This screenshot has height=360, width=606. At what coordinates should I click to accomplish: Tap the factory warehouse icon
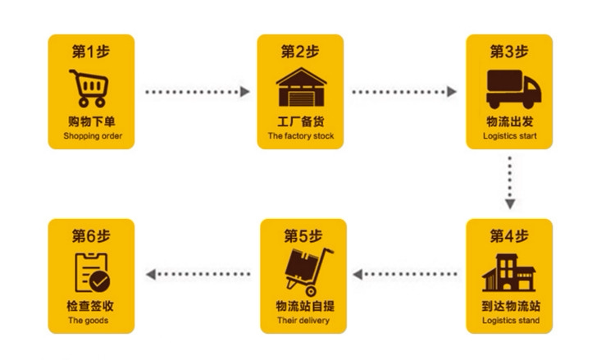(300, 88)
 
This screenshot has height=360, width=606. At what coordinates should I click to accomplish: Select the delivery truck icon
(509, 89)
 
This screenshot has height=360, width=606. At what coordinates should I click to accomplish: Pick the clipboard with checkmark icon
(92, 273)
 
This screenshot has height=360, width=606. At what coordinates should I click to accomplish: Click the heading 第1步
(90, 52)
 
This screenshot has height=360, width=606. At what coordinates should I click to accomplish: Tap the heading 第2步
(300, 52)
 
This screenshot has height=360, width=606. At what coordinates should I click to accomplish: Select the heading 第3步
(509, 52)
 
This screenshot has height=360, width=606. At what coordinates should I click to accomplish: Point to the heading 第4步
(509, 237)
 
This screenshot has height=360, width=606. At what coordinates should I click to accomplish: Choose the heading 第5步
(303, 237)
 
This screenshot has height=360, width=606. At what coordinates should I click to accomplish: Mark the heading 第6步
(90, 237)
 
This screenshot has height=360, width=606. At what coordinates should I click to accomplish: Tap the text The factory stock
(301, 136)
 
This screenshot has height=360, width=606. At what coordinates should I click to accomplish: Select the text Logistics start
(510, 136)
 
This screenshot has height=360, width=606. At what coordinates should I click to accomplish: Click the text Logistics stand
(510, 321)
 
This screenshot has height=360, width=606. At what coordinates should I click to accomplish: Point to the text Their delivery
(303, 321)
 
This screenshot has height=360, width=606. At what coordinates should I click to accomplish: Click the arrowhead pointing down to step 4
(509, 203)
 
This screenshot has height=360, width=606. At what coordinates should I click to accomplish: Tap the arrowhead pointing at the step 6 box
(151, 274)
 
